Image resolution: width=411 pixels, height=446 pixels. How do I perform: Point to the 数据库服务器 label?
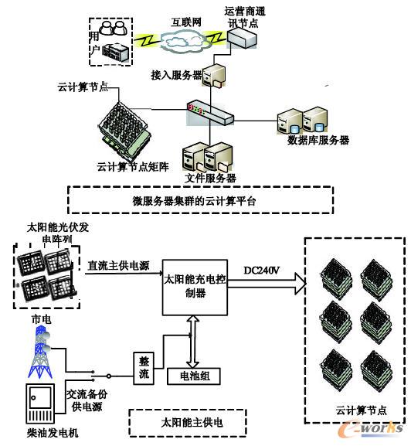318,141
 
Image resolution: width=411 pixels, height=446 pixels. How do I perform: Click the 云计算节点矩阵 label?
132,165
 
